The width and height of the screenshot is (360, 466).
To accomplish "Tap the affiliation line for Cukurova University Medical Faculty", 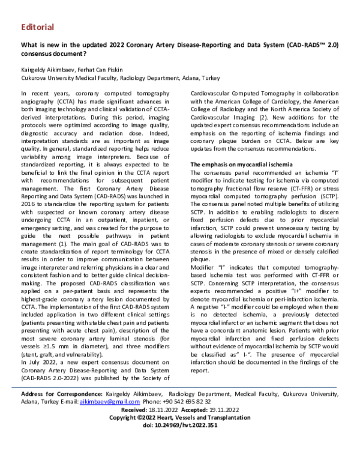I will tap(120, 78).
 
